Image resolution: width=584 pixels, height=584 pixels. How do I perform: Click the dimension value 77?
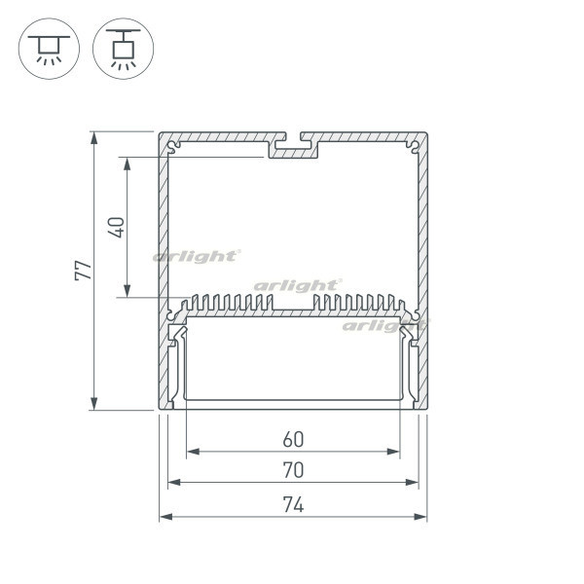click(x=83, y=271)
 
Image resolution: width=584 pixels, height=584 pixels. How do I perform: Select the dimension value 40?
click(x=116, y=228)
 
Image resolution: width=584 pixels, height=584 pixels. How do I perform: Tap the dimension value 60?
click(x=294, y=440)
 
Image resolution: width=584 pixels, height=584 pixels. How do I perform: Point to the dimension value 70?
click(x=294, y=470)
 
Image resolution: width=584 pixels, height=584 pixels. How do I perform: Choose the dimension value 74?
click(x=294, y=504)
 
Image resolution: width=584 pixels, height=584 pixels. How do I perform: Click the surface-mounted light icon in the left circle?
click(x=49, y=50)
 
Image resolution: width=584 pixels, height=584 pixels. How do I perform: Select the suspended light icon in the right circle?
click(x=124, y=50)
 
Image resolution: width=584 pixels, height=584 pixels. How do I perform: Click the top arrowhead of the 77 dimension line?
click(x=93, y=138)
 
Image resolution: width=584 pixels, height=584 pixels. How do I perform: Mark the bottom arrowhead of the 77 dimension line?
click(x=93, y=403)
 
